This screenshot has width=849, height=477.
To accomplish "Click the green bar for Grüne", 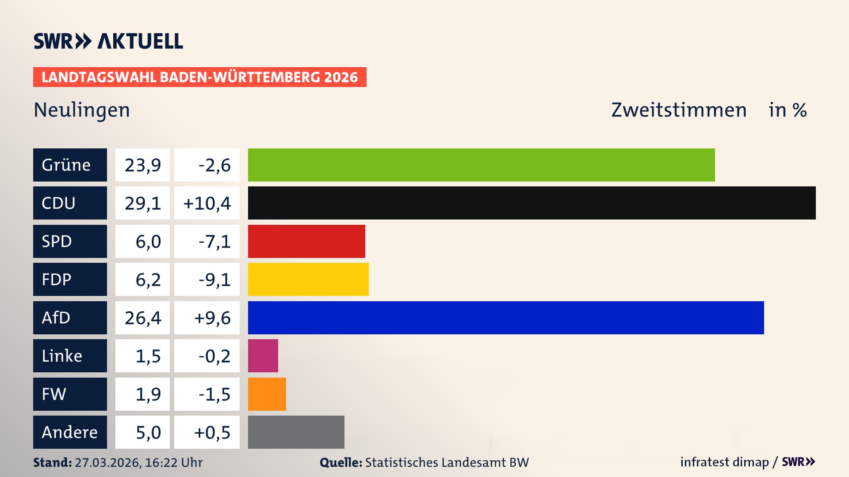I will tap(481, 165).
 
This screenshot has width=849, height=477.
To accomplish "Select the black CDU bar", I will tap(532, 203).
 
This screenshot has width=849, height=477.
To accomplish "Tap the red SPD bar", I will tap(306, 241).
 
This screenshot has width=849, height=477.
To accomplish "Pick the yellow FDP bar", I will tap(308, 279).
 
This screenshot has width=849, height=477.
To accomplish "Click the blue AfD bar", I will tap(506, 318).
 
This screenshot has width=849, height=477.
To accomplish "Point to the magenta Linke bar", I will tap(263, 356).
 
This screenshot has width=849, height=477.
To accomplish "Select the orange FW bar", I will tap(267, 394).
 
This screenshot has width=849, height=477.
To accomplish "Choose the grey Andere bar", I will tap(296, 432).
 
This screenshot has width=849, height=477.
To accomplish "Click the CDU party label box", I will tap(70, 203).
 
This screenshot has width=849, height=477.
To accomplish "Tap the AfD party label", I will tap(70, 318).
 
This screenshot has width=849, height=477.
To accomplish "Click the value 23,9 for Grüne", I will tap(142, 165).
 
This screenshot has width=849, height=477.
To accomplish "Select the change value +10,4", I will tap(207, 203).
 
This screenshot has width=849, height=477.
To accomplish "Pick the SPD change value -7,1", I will tap(214, 242).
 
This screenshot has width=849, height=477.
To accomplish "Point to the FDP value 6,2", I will tap(148, 280).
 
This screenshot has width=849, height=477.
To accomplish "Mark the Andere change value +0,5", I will tap(212, 432).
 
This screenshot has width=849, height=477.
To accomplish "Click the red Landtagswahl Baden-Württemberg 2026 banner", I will tap(199, 77).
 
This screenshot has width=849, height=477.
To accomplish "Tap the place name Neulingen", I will tap(82, 110).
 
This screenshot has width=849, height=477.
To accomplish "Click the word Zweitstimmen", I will tap(679, 110).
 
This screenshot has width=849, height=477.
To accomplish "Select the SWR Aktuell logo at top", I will tap(108, 41).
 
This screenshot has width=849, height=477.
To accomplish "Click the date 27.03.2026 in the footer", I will tap(107, 462).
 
